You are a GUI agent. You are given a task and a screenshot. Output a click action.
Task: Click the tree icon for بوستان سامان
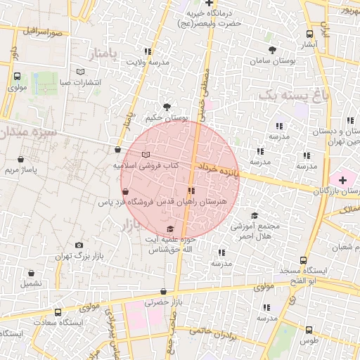272,49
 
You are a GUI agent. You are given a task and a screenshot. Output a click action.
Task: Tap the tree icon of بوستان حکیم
167,107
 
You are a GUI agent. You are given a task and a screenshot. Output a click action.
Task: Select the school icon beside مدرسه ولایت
147,51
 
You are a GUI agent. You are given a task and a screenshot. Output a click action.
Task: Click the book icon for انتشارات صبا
80,72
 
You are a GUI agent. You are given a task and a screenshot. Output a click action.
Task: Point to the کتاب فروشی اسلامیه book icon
146,155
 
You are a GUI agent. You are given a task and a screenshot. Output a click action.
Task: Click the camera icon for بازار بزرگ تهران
78,245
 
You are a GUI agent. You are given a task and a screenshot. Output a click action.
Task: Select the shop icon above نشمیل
31,274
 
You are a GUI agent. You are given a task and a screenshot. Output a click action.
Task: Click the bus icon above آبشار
310,34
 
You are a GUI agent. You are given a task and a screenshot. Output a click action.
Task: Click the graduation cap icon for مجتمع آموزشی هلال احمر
255,216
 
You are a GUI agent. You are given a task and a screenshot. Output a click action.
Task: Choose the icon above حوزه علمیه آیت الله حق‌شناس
170,229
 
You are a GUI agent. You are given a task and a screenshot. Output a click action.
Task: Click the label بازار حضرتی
158,303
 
